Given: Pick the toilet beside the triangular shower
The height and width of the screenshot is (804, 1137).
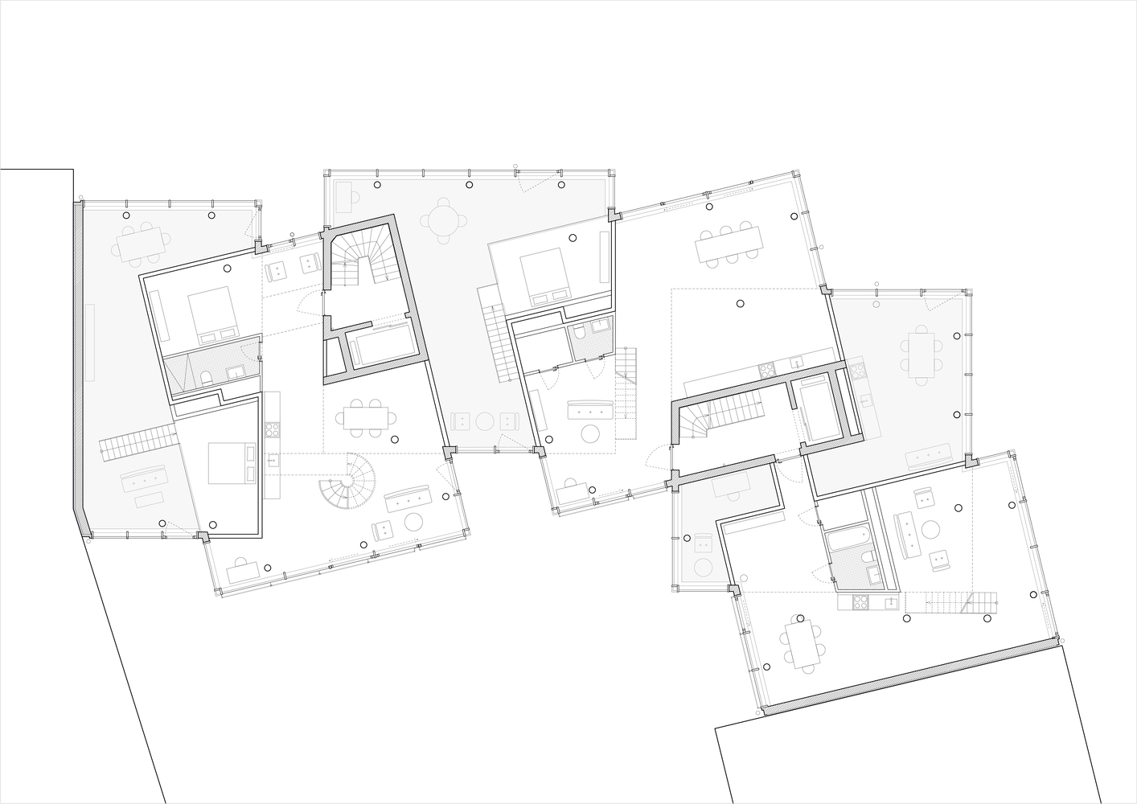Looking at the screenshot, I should tap(207, 376).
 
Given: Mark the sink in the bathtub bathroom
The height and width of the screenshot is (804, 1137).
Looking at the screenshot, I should tap(874, 574).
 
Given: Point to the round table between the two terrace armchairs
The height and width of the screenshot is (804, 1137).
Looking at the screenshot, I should tap(483, 422).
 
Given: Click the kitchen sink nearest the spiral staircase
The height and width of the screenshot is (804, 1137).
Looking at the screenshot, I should tap(273, 461).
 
